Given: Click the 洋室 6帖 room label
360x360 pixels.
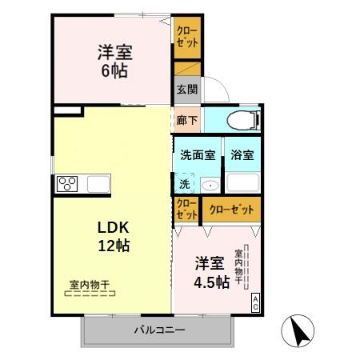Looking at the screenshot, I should pos(115,61).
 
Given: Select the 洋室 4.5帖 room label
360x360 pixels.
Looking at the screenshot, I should pos(212,272).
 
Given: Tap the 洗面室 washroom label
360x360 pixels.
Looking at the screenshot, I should pos(197,155).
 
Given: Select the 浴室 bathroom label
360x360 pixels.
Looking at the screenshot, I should pos(242,155).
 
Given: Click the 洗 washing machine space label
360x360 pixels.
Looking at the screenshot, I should pos(185,183).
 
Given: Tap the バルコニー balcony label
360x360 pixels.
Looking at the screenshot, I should pos(159,330).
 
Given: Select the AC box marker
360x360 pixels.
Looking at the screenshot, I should pos(255,302).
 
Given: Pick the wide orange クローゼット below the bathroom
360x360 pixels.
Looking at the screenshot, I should pos(230,210).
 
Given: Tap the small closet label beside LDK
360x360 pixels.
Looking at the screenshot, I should pos(186,210).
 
